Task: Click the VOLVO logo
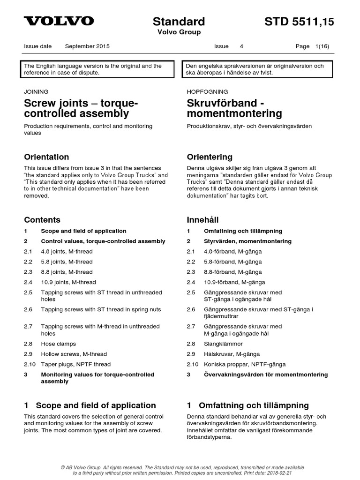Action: [59, 21]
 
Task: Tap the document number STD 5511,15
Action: [299, 22]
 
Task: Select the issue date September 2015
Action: [87, 46]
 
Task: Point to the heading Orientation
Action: [46, 157]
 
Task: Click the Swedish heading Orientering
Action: [209, 157]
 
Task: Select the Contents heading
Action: [42, 220]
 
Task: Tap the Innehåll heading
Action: [202, 220]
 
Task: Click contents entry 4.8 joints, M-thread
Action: [67, 252]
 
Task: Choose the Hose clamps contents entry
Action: [58, 344]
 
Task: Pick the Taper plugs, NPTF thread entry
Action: [76, 365]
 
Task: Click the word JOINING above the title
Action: [36, 92]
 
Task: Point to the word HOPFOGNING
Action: [207, 92]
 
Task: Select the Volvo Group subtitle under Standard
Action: [179, 32]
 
